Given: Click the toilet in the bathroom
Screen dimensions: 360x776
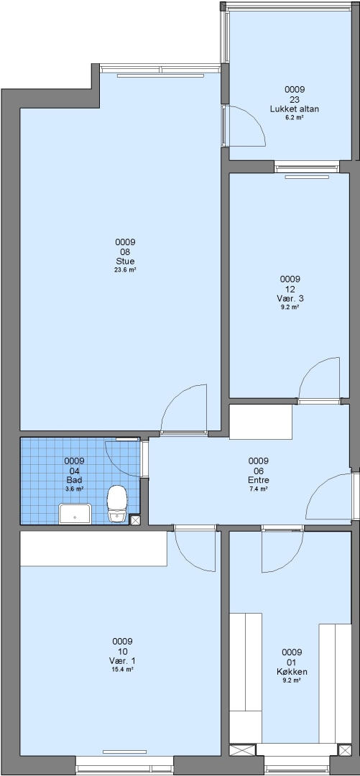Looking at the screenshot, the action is tap(117, 503).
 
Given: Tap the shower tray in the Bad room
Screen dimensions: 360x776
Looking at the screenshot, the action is tap(75, 514).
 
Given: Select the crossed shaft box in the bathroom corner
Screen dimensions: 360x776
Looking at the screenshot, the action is tap(134, 519).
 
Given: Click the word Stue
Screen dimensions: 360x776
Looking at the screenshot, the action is tap(125, 261).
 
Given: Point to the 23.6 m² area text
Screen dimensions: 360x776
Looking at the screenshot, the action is tap(125, 270).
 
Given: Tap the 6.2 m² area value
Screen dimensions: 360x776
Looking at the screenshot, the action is tap(294, 118).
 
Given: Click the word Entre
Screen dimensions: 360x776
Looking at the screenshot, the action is tap(258, 479).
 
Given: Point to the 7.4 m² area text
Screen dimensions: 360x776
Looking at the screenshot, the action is tap(258, 489).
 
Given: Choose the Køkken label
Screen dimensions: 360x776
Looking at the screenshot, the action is tap(292, 672).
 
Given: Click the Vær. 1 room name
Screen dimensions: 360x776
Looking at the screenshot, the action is tap(122, 661).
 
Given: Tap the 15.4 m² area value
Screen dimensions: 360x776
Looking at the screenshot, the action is tap(122, 670).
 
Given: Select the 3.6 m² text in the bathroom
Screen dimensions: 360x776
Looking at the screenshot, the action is tap(74, 489).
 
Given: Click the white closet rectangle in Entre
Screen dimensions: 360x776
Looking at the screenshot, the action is tap(260, 422).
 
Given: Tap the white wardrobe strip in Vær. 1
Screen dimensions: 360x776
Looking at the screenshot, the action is tap(93, 549).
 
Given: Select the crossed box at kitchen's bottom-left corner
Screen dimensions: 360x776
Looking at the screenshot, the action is tap(242, 749).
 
